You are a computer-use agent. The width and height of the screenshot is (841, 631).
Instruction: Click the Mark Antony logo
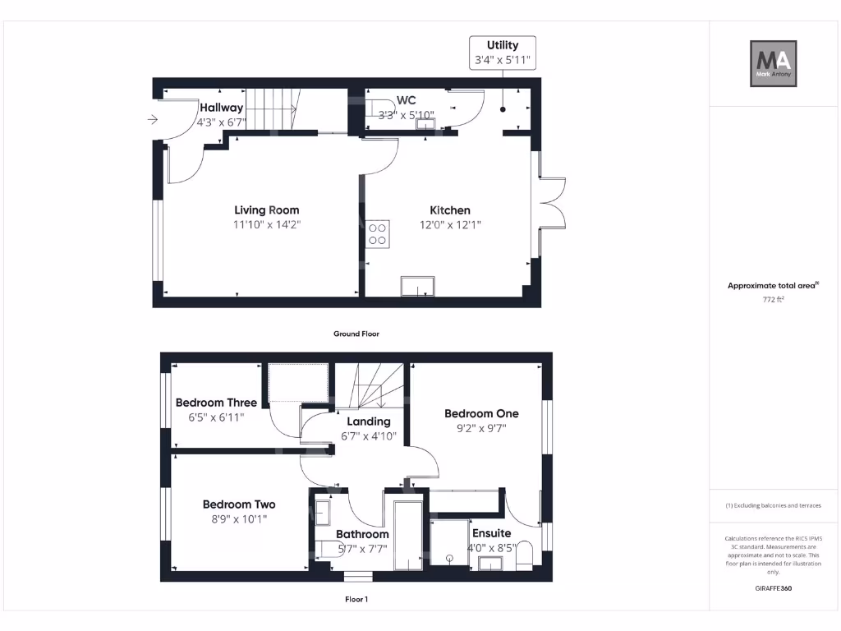point(773,64)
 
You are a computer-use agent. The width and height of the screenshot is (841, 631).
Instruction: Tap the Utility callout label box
point(502,52)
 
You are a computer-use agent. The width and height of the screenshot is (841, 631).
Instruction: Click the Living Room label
point(266,210)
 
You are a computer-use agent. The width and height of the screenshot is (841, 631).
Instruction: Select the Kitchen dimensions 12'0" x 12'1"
point(450,224)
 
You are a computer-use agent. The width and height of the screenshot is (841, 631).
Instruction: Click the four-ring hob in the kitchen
point(379,233)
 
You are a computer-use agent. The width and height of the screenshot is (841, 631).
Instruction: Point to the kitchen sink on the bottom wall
point(418,286)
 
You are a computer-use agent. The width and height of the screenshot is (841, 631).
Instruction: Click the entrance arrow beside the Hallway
point(152,120)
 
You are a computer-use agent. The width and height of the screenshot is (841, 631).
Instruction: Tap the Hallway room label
point(221,108)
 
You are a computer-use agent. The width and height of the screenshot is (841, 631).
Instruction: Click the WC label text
point(406,100)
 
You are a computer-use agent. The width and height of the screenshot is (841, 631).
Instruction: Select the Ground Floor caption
point(356,334)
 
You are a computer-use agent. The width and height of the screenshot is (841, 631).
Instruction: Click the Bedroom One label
point(481,413)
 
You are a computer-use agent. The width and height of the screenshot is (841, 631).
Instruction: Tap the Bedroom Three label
point(216,403)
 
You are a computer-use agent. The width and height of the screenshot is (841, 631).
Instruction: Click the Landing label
point(369,421)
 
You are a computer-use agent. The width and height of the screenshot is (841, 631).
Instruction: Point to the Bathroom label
point(362,534)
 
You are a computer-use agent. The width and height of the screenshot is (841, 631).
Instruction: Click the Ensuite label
point(491,533)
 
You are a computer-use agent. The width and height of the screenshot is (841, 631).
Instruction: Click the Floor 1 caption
point(356,600)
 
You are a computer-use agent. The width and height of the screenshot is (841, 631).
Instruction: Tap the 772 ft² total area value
point(773,300)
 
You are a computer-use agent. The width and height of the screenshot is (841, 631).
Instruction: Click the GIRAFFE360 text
point(773,588)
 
